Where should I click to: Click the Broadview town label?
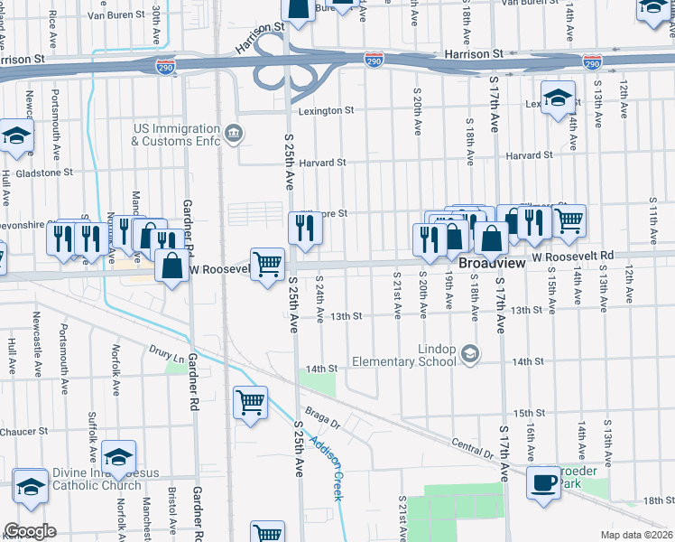[x=491, y=263]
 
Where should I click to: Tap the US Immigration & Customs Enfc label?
[x=176, y=135]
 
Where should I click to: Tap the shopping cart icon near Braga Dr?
[x=250, y=402]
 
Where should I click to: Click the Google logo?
[x=30, y=531]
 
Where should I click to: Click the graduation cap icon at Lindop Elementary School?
[x=469, y=354]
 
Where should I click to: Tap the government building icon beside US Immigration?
[x=234, y=135]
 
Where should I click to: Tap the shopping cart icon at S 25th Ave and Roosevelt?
[x=268, y=265]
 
